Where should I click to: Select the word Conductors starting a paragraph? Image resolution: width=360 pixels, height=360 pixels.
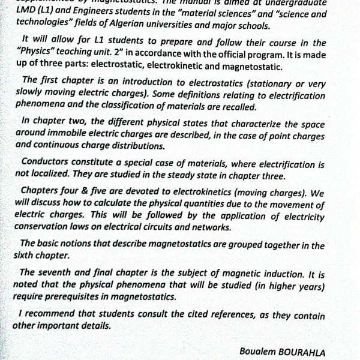pyautogui.click(x=44, y=163)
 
